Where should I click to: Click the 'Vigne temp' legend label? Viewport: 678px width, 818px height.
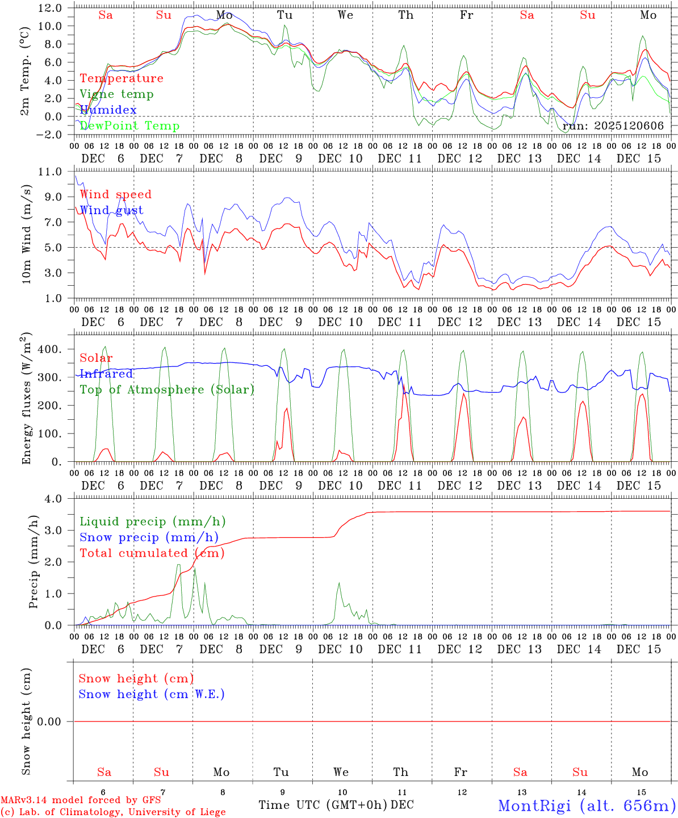click(116, 94)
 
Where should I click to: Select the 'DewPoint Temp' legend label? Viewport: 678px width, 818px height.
click(129, 126)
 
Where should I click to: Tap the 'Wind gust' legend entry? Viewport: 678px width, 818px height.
click(111, 210)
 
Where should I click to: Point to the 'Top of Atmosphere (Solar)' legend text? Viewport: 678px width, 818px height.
click(167, 390)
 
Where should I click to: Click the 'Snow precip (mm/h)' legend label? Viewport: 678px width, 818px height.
click(149, 537)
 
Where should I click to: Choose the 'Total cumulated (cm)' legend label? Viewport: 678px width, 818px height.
click(152, 553)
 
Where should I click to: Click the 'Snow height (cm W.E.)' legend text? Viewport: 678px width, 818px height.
click(152, 694)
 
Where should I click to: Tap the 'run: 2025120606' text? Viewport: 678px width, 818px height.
click(613, 126)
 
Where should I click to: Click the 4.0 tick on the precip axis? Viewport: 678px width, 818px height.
click(58, 499)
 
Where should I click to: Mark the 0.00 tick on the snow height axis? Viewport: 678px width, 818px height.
click(55, 721)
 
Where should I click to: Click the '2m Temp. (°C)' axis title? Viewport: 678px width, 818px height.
click(26, 71)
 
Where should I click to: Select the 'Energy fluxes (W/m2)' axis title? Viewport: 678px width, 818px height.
click(26, 399)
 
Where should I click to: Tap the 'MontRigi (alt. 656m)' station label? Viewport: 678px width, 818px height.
click(587, 805)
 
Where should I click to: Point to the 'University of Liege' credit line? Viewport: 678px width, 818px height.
click(113, 812)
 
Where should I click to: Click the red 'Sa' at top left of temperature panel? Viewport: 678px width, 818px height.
click(106, 15)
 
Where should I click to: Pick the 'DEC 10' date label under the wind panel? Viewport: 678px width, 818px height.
click(340, 322)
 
